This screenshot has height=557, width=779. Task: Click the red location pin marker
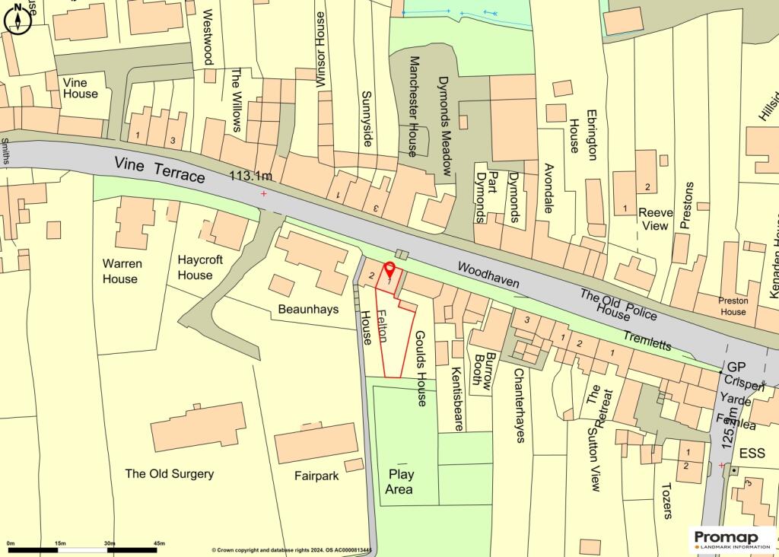pyautogui.click(x=389, y=270)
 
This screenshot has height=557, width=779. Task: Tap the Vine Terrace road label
pyautogui.click(x=160, y=169)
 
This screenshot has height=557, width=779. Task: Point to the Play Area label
pyautogui.click(x=399, y=482)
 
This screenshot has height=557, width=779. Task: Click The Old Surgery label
pyautogui.click(x=169, y=473)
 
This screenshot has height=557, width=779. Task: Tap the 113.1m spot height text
pyautogui.click(x=251, y=176)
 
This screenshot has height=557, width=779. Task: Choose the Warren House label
pyautogui.click(x=122, y=271)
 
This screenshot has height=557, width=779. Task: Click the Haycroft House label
pyautogui.click(x=200, y=267)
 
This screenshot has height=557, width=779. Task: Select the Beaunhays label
pyautogui.click(x=308, y=309)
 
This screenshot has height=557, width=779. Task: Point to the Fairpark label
pyautogui.click(x=317, y=476)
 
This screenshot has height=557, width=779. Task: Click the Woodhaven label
pyautogui.click(x=489, y=275)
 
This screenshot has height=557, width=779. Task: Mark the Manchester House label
pyautogui.click(x=415, y=107)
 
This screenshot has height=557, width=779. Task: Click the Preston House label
pyautogui.click(x=733, y=306)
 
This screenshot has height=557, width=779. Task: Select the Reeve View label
pyautogui.click(x=655, y=219)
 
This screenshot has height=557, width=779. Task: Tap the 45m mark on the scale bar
pyautogui.click(x=160, y=543)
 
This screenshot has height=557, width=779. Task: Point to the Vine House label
pyautogui.click(x=80, y=88)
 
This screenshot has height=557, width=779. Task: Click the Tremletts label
pyautogui.click(x=647, y=339)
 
